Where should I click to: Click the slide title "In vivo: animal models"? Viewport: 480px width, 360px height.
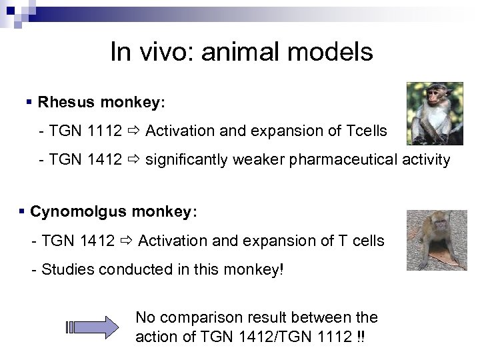(x=241, y=51)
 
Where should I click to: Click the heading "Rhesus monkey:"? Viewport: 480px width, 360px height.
(x=101, y=103)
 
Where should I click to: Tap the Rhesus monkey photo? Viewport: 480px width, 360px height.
(x=435, y=113)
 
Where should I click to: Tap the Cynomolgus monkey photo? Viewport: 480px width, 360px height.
(x=437, y=240)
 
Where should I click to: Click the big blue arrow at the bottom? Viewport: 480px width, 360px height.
(x=93, y=327)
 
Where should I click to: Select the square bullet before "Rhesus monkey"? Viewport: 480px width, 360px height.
(x=29, y=103)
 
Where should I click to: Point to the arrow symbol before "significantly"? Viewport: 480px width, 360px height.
(x=134, y=160)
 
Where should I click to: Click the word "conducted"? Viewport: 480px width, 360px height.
(x=127, y=269)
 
